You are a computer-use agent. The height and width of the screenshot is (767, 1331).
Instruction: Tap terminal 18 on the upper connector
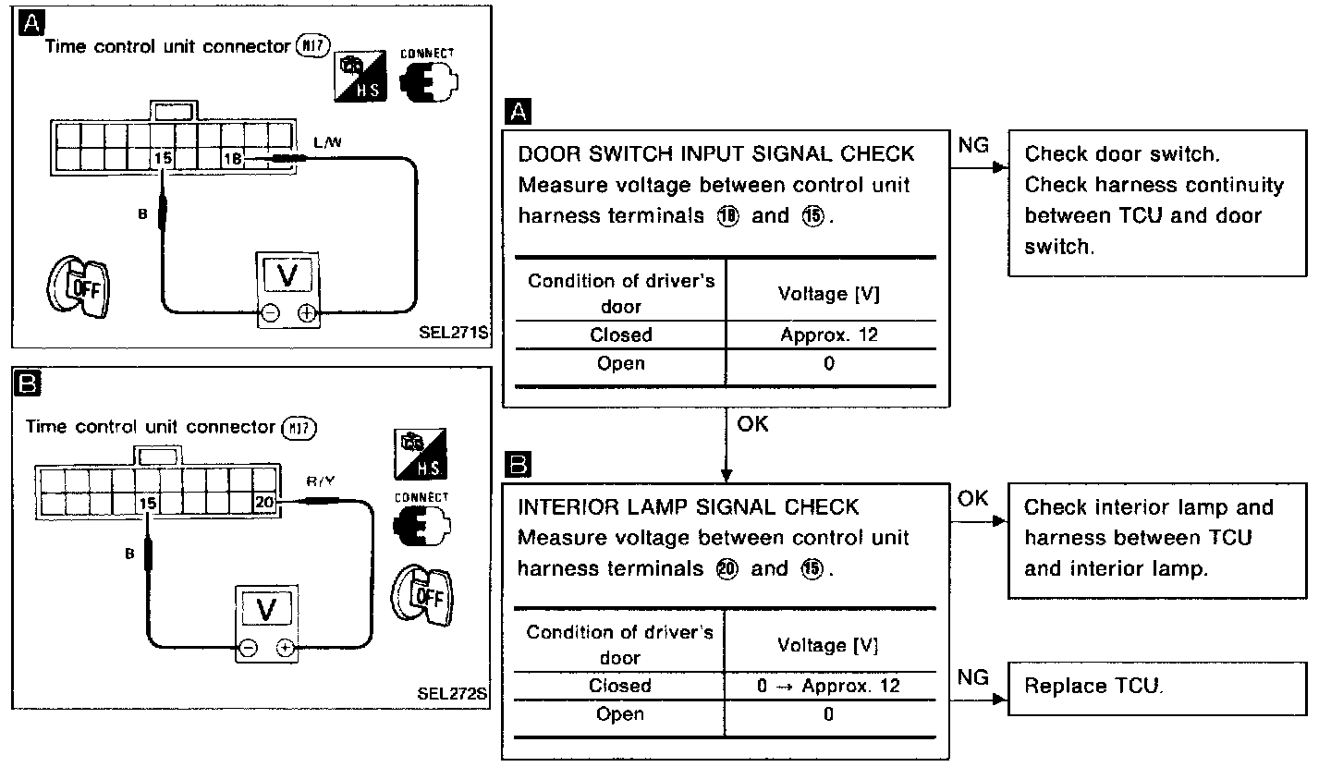(232, 160)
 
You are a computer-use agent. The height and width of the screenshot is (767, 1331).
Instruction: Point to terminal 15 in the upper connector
(163, 160)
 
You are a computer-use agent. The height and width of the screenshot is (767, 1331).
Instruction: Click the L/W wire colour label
(326, 142)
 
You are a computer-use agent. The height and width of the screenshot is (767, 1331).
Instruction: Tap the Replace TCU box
(1157, 688)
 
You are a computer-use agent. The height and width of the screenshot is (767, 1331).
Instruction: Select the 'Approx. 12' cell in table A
(829, 335)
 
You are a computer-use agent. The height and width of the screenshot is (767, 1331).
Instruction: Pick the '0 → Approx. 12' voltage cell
(828, 686)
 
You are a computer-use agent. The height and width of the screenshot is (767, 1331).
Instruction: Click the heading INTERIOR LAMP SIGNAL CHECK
(689, 507)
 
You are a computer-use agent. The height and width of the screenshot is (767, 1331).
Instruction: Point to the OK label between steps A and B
(753, 424)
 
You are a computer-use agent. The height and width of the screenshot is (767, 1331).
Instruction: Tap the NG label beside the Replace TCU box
(973, 678)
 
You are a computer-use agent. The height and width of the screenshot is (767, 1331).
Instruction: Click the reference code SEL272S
(452, 692)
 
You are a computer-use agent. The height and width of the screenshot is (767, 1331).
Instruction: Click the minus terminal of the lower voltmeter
(249, 648)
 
